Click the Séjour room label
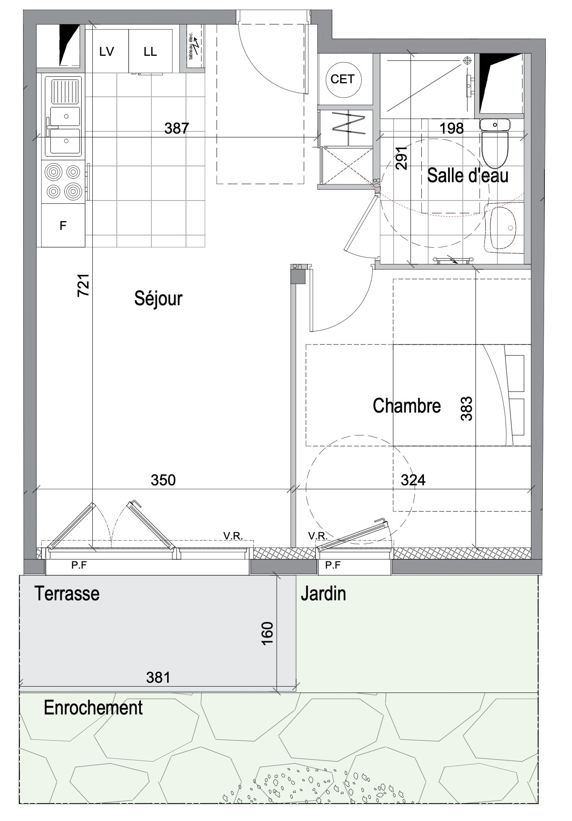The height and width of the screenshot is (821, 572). coord(158,298)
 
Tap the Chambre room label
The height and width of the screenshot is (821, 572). coord(407,405)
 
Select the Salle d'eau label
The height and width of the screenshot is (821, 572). coord(467,175)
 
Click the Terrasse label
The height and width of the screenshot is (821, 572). coord(67,593)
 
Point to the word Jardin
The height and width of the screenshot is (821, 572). coord(323,594)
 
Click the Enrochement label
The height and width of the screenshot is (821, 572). coord(93,708)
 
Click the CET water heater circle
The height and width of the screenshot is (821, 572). coord(342,79)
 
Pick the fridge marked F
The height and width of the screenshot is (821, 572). coord(63,226)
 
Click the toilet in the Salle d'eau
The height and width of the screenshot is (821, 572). coord(495,143)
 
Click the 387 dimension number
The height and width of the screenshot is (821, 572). coord(176,128)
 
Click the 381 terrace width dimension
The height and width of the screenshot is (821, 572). coord(158,678)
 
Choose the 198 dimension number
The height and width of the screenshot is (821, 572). coord(452,128)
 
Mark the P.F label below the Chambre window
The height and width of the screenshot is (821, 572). coord(333,565)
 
